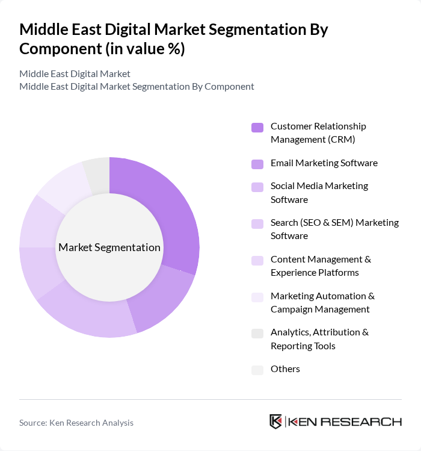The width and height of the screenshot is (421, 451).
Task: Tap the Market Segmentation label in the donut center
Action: click(x=109, y=247)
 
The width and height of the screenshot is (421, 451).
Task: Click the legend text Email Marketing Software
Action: click(x=324, y=163)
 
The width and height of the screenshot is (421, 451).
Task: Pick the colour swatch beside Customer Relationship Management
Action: click(x=257, y=127)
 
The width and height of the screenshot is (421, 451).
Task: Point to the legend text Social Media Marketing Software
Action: click(x=319, y=193)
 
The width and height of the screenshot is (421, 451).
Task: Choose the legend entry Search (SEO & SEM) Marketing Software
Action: click(x=334, y=229)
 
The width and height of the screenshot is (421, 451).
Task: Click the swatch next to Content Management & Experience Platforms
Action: click(x=257, y=260)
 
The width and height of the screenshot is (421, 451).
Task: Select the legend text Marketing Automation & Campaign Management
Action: click(x=322, y=302)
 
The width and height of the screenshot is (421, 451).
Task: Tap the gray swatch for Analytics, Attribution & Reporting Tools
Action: click(x=257, y=333)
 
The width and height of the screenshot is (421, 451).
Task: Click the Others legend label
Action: click(x=285, y=369)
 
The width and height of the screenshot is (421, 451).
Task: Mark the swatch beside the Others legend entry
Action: click(x=257, y=370)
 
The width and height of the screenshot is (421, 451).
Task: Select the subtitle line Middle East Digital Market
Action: click(x=75, y=74)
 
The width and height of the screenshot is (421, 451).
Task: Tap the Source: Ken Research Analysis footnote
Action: click(x=76, y=423)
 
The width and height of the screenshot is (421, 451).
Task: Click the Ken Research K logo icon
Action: click(x=276, y=421)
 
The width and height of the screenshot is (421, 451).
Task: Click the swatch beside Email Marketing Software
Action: click(x=257, y=164)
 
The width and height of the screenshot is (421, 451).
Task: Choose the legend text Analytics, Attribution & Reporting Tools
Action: click(x=319, y=339)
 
